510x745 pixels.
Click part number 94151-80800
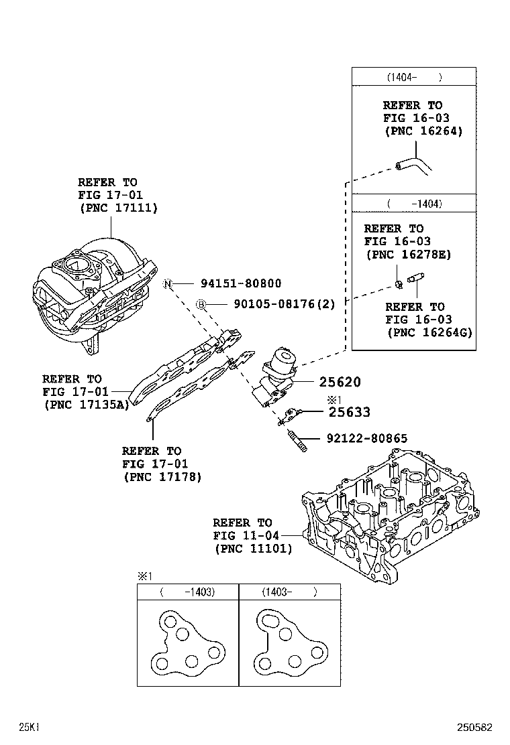(239, 284)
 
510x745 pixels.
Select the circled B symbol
(200, 305)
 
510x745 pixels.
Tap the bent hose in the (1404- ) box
(414, 165)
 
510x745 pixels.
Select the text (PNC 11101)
(253, 548)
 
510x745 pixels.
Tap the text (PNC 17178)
(162, 476)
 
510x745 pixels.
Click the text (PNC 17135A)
(86, 404)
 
